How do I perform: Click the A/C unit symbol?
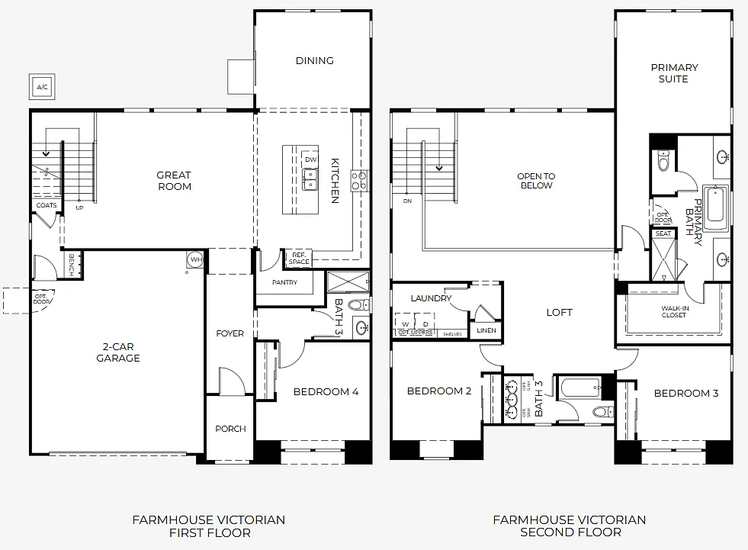(42, 87)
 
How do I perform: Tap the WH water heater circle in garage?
(194, 260)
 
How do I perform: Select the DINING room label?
(314, 61)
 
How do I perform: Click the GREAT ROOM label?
(174, 181)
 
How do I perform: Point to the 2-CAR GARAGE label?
(117, 352)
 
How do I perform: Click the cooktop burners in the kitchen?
(359, 180)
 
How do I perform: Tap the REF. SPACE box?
(298, 259)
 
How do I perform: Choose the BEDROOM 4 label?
(326, 392)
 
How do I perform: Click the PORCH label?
(230, 429)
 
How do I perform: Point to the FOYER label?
(230, 333)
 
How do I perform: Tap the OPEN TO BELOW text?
(536, 181)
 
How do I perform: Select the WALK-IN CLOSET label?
(673, 310)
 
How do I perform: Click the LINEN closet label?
(486, 330)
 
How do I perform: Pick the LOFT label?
(559, 312)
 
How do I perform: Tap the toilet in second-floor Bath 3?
(600, 412)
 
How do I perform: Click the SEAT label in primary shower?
(663, 234)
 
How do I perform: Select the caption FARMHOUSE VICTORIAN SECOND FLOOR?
(569, 526)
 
